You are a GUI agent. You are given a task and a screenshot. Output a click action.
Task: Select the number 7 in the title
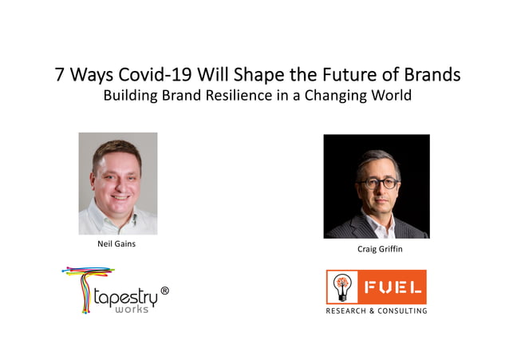(x=60, y=76)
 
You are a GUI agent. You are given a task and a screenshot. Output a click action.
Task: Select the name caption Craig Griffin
(x=376, y=250)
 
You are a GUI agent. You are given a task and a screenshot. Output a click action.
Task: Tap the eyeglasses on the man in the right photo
(x=377, y=183)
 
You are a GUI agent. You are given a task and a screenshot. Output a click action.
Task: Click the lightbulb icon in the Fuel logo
(x=341, y=286)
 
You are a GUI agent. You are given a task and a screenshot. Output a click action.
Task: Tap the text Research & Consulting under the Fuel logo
(x=375, y=311)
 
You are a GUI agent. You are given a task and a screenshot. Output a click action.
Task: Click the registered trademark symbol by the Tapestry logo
(x=164, y=291)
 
